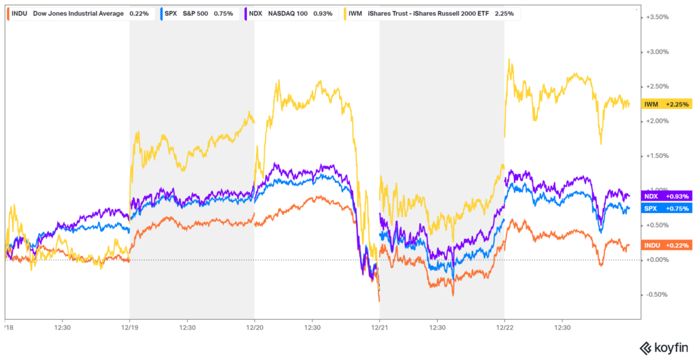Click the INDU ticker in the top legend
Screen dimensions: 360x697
20,13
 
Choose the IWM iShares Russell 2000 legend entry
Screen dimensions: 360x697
422,13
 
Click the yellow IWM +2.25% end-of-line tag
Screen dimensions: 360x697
668,104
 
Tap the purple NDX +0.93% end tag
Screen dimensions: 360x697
668,196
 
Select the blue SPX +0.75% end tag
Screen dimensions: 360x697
668,208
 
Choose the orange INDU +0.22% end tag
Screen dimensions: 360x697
668,245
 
